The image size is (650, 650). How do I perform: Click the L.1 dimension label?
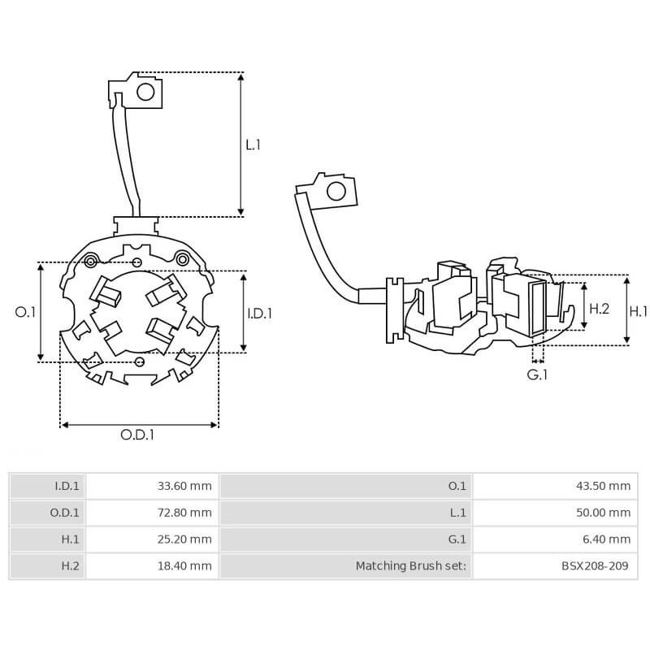(x=253, y=145)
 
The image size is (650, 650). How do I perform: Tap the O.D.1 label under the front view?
(x=137, y=435)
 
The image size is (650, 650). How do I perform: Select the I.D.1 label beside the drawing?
(x=259, y=313)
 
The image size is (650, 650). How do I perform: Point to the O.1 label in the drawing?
(x=26, y=312)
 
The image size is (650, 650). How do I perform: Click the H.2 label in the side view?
(x=598, y=309)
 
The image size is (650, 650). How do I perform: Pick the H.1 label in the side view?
(x=639, y=310)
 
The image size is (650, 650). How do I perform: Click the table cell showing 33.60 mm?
(x=184, y=487)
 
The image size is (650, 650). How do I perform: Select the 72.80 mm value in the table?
(x=184, y=513)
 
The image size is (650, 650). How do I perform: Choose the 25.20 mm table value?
(x=184, y=539)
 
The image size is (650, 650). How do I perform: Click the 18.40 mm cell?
(x=184, y=565)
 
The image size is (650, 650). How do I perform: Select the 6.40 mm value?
(x=608, y=539)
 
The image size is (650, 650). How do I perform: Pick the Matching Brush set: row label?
(x=411, y=565)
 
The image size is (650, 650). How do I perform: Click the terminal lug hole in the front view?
(x=145, y=92)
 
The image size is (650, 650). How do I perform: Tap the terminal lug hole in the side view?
(x=335, y=193)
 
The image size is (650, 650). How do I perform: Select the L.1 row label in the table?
(x=457, y=513)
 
